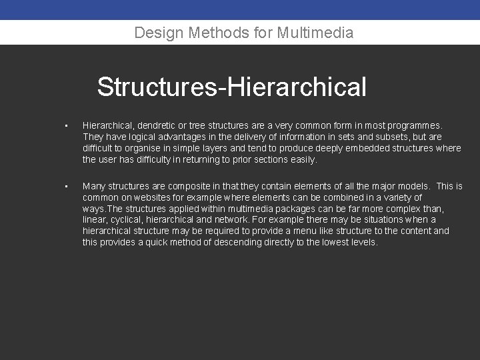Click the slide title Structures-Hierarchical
tap(231, 87)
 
